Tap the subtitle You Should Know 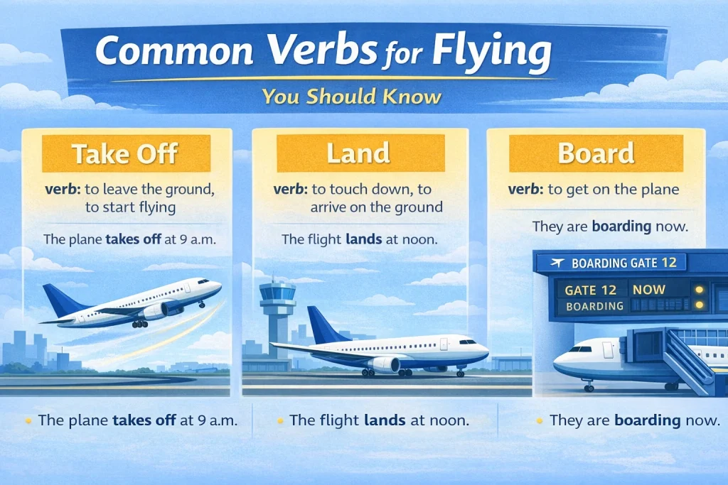350,96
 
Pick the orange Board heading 596,154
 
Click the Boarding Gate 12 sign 611,263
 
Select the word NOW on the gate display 648,290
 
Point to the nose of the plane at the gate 562,364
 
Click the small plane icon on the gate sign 558,263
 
